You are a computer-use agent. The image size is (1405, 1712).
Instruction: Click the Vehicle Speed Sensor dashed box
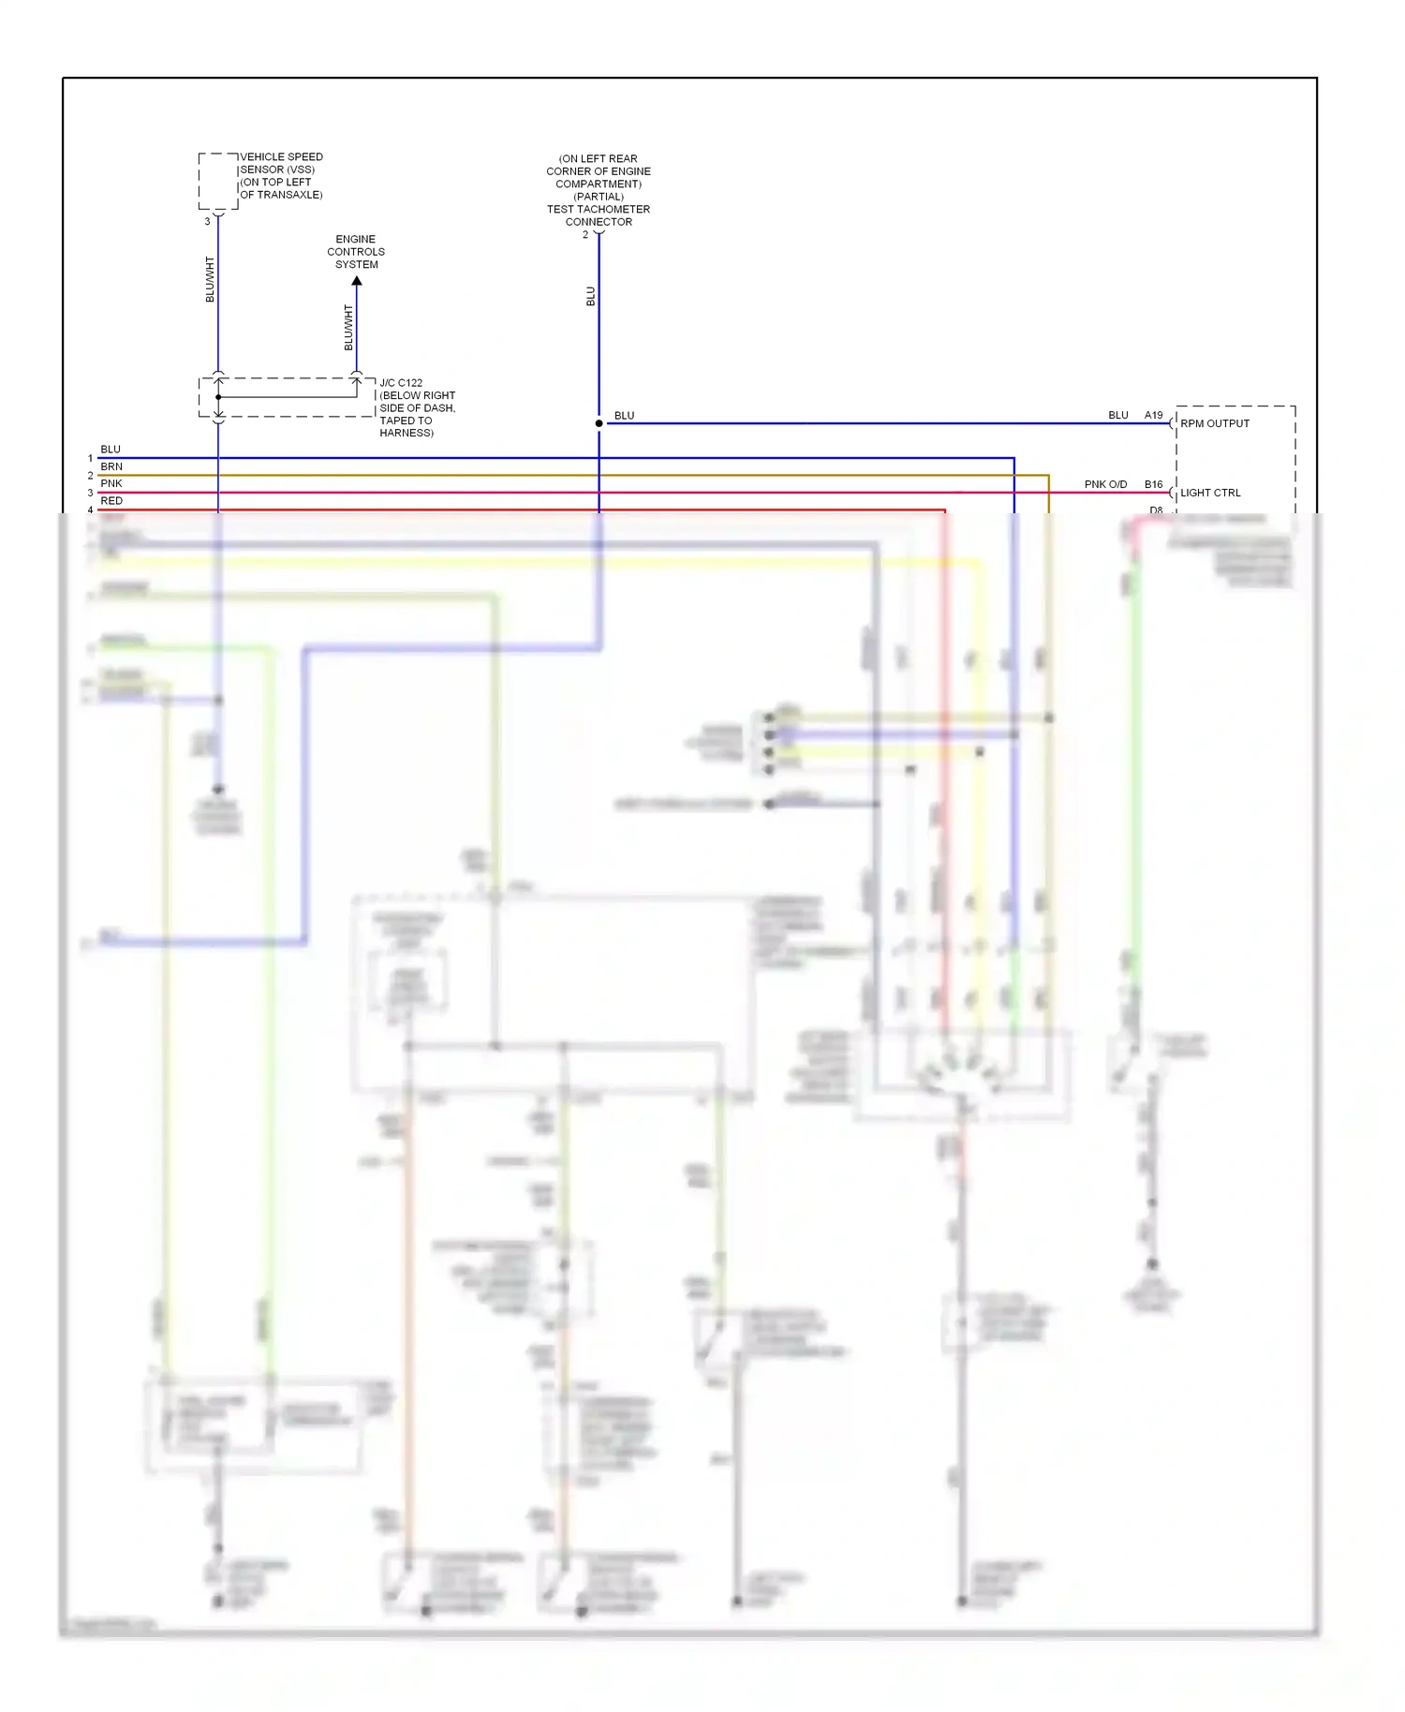(218, 181)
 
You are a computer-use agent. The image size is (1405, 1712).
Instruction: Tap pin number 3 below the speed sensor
(207, 222)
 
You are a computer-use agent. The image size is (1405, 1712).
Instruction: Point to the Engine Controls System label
(356, 252)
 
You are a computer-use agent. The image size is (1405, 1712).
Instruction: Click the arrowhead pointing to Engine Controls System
(357, 281)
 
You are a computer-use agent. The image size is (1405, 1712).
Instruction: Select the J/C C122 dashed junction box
(287, 397)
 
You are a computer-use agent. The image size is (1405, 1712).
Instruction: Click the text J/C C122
(401, 383)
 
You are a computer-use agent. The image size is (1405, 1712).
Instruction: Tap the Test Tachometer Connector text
(599, 215)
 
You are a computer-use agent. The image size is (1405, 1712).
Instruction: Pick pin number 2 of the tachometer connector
(585, 235)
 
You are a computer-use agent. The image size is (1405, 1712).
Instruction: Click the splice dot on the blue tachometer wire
(599, 423)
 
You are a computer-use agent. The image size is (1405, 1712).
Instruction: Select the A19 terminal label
(1154, 415)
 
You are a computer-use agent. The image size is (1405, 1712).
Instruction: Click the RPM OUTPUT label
(1215, 423)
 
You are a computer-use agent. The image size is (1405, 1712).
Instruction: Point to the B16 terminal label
(1154, 485)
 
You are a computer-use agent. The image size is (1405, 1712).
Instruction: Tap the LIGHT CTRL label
(1210, 493)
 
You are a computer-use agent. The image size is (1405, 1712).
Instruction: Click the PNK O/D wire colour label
(1105, 485)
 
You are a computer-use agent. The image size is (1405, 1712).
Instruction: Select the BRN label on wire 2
(111, 466)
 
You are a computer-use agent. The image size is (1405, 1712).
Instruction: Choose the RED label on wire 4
(111, 501)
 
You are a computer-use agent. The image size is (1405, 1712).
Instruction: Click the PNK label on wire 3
(111, 483)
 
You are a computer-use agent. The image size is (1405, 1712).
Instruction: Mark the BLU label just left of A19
(1118, 415)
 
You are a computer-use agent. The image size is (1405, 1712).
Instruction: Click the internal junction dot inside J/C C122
(218, 397)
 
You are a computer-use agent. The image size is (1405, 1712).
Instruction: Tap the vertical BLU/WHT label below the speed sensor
(210, 279)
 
